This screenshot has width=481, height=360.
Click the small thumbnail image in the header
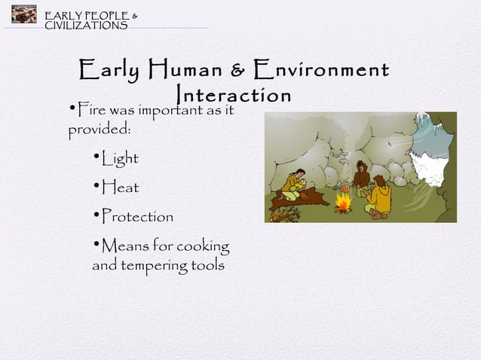click(x=23, y=15)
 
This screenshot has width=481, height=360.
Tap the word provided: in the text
click(x=100, y=130)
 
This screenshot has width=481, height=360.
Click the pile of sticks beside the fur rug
click(x=284, y=215)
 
